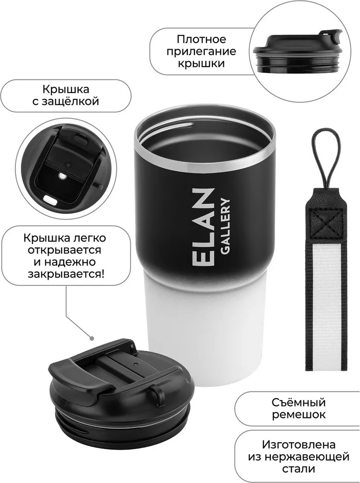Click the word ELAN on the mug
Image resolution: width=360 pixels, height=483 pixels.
tap(203, 227)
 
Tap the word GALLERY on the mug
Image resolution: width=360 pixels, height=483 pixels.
tap(226, 227)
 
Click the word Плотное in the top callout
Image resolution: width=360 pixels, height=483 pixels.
tap(201, 39)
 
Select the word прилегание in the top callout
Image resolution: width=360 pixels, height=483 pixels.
tap(201, 52)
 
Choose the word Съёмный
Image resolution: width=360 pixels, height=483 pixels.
tap(299, 402)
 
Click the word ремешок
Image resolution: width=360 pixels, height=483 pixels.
tap(299, 414)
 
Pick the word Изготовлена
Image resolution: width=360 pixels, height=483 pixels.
tap(299, 445)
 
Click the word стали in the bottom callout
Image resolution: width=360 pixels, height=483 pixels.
tap(299, 469)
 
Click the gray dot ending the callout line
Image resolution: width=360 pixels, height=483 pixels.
tap(92, 338)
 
